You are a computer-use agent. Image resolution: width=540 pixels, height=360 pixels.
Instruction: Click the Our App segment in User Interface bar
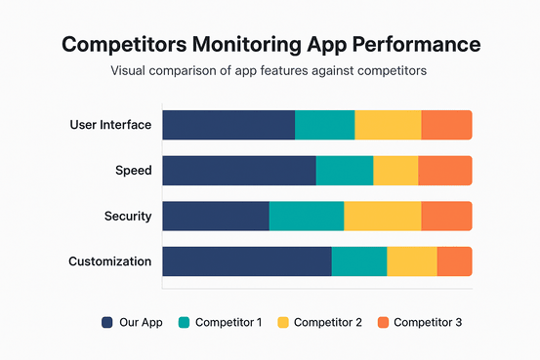tap(228, 125)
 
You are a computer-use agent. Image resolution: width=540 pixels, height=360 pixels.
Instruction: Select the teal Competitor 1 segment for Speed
tap(345, 170)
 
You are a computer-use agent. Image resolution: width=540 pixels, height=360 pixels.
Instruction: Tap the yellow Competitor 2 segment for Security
tap(382, 216)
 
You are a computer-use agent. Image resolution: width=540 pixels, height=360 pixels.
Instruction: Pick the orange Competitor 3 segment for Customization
tap(454, 261)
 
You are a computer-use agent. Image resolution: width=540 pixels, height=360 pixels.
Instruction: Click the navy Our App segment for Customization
tap(247, 261)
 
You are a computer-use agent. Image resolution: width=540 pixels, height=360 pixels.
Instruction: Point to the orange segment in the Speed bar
tap(444, 170)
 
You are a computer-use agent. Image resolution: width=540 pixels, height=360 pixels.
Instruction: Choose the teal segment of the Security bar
tap(307, 216)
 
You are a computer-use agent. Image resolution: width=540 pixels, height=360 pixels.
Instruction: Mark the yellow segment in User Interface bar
tap(388, 125)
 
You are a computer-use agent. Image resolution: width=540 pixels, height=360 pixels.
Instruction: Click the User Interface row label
tap(110, 125)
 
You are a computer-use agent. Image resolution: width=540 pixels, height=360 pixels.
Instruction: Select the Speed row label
tap(133, 171)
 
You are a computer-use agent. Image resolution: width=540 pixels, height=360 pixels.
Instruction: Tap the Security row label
tap(127, 216)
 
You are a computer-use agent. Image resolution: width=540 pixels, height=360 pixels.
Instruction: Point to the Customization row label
tap(109, 261)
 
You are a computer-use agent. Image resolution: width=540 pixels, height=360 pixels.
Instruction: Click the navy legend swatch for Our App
tap(106, 322)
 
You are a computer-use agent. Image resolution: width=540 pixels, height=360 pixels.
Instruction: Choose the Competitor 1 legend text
tap(228, 322)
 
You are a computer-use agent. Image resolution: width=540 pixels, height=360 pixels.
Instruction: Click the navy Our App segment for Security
tap(216, 216)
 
